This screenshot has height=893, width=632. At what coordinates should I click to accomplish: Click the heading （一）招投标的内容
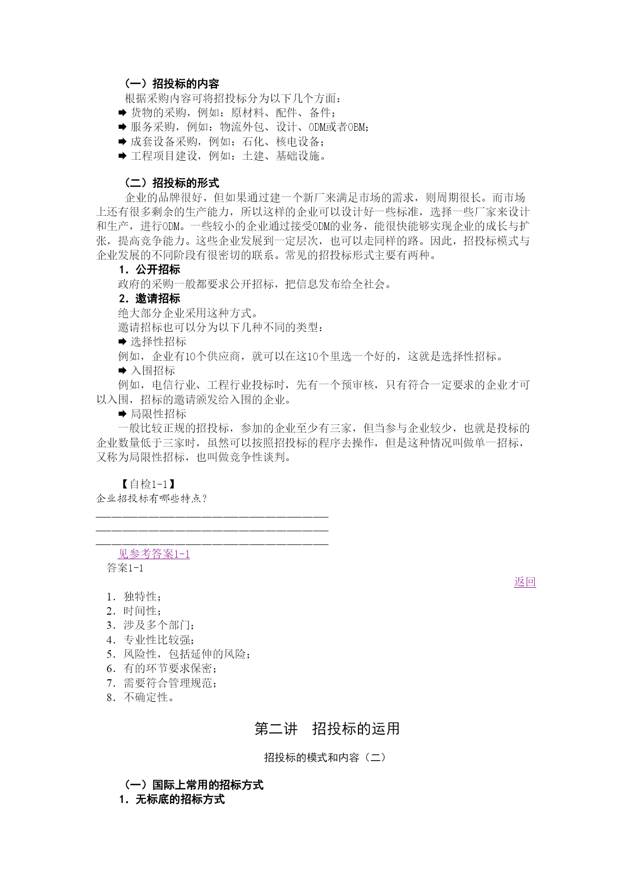pyautogui.click(x=172, y=84)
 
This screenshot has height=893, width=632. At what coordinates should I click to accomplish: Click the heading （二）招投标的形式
pyautogui.click(x=172, y=183)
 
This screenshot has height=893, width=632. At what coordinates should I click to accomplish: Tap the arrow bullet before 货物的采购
pyautogui.click(x=122, y=113)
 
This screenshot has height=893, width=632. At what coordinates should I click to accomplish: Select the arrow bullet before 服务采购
pyautogui.click(x=122, y=127)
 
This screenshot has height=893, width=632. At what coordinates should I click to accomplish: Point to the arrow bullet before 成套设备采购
pyautogui.click(x=122, y=141)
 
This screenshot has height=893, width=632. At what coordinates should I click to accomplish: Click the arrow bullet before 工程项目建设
pyautogui.click(x=122, y=156)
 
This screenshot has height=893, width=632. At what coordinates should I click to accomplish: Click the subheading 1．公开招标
pyautogui.click(x=149, y=270)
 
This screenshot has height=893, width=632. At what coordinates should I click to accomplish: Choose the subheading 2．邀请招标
pyautogui.click(x=149, y=299)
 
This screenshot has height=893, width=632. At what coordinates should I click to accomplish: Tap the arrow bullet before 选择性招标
pyautogui.click(x=122, y=342)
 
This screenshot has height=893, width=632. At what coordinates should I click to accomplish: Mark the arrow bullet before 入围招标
pyautogui.click(x=122, y=371)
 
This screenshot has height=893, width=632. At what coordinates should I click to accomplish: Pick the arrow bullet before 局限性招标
pyautogui.click(x=122, y=414)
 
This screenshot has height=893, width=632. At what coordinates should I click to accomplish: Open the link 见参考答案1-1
pyautogui.click(x=154, y=554)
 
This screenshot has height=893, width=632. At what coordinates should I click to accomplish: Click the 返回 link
pyautogui.click(x=525, y=582)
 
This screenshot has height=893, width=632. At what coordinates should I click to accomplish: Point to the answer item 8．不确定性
pyautogui.click(x=141, y=698)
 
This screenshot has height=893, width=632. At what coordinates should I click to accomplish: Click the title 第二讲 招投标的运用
pyautogui.click(x=327, y=729)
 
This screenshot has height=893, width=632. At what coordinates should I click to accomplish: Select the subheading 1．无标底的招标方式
pyautogui.click(x=172, y=799)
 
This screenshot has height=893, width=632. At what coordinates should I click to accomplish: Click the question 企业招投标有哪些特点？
pyautogui.click(x=152, y=499)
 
